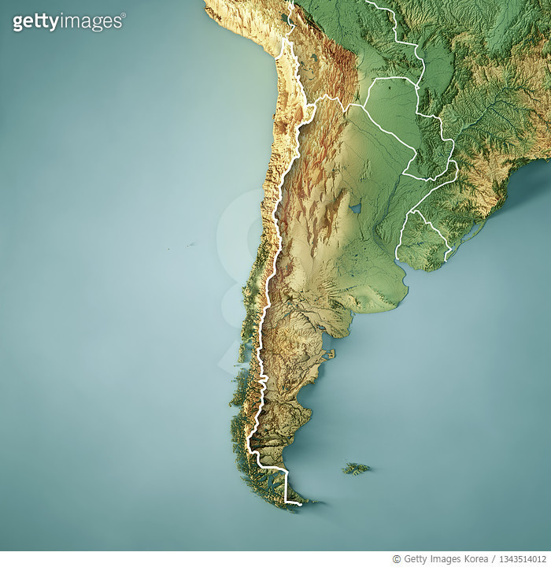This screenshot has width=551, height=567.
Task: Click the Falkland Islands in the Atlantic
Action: click(357, 469)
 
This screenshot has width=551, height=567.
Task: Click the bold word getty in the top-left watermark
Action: click(36, 21)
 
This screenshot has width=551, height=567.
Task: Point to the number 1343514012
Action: click(520, 559)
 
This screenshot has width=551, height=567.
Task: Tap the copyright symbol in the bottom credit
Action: click(397, 559)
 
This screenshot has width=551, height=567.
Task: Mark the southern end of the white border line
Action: click(300, 503)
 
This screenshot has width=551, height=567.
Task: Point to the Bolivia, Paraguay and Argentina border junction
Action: click(363, 105)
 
